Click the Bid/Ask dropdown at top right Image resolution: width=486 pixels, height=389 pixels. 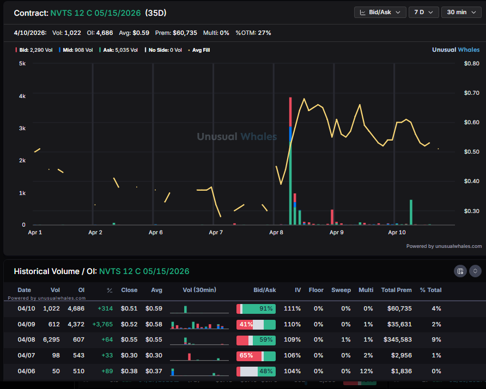[x=380, y=12]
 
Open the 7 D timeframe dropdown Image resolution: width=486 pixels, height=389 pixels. [x=423, y=12]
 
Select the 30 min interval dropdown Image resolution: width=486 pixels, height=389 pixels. [x=461, y=12]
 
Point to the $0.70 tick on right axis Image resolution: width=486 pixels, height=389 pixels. [x=471, y=93]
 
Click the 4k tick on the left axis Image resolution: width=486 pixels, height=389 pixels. [x=22, y=96]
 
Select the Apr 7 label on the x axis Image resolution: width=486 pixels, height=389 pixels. [x=216, y=232]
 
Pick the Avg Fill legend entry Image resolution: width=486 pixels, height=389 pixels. [x=201, y=50]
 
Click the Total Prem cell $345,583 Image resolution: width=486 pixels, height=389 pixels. [x=396, y=339]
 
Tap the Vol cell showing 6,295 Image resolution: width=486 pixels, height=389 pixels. [x=52, y=339]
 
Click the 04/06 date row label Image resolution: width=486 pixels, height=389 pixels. [x=24, y=371]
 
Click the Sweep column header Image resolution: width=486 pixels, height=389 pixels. [x=341, y=290]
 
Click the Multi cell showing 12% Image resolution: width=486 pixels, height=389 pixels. [x=366, y=371]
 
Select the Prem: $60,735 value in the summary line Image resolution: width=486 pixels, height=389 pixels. [x=175, y=33]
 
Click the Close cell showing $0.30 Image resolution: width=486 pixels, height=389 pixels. [x=129, y=355]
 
